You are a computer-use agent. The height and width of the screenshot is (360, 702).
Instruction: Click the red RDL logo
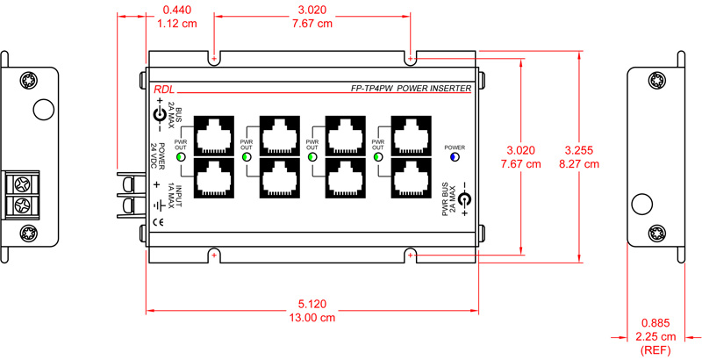tap(163, 89)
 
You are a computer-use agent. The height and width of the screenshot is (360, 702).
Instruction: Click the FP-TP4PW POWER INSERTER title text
tap(411, 89)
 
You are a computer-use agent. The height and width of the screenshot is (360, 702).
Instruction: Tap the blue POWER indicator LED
tap(455, 158)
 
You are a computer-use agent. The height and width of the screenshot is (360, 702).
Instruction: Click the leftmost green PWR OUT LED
tap(182, 158)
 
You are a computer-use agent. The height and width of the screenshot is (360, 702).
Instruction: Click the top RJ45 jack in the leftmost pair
tap(213, 134)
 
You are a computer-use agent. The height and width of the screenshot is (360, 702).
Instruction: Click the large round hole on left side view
tap(40, 110)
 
